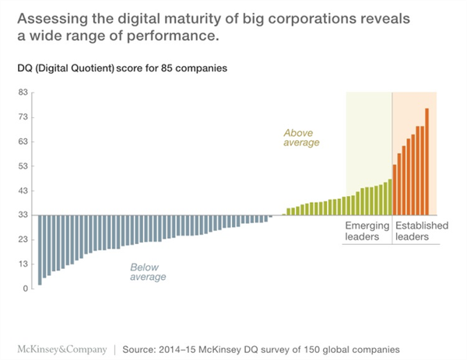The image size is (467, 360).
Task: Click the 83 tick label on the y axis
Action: pos(23,93)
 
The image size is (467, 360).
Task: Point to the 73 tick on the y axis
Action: pos(23,117)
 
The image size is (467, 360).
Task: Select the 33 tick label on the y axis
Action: pos(23,215)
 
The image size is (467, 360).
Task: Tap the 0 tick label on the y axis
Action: pos(26,288)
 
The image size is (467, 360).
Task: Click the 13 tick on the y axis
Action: pos(23,264)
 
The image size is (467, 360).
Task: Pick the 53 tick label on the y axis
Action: pos(23,166)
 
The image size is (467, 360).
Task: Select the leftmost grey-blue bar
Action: pos(40,250)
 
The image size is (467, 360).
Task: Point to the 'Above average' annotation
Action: pos(301,138)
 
